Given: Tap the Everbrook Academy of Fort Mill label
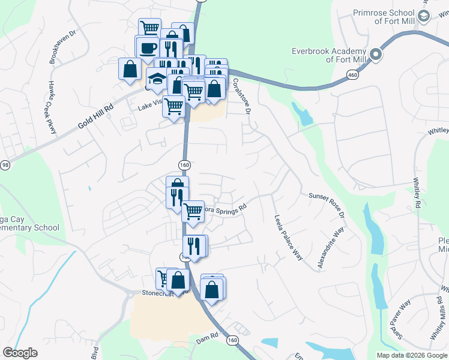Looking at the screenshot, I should click(x=329, y=55).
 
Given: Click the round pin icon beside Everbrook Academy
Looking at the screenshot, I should click(x=376, y=55).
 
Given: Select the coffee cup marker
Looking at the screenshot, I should click(x=148, y=49).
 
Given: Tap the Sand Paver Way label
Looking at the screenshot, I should click(x=400, y=319).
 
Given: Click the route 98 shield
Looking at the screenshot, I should click(x=5, y=165).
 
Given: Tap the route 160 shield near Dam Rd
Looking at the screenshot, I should click(x=233, y=340).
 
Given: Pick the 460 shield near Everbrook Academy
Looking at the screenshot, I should click(x=351, y=74).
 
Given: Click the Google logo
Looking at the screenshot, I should click(x=20, y=353).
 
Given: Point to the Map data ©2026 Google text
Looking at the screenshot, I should click(x=411, y=355).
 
